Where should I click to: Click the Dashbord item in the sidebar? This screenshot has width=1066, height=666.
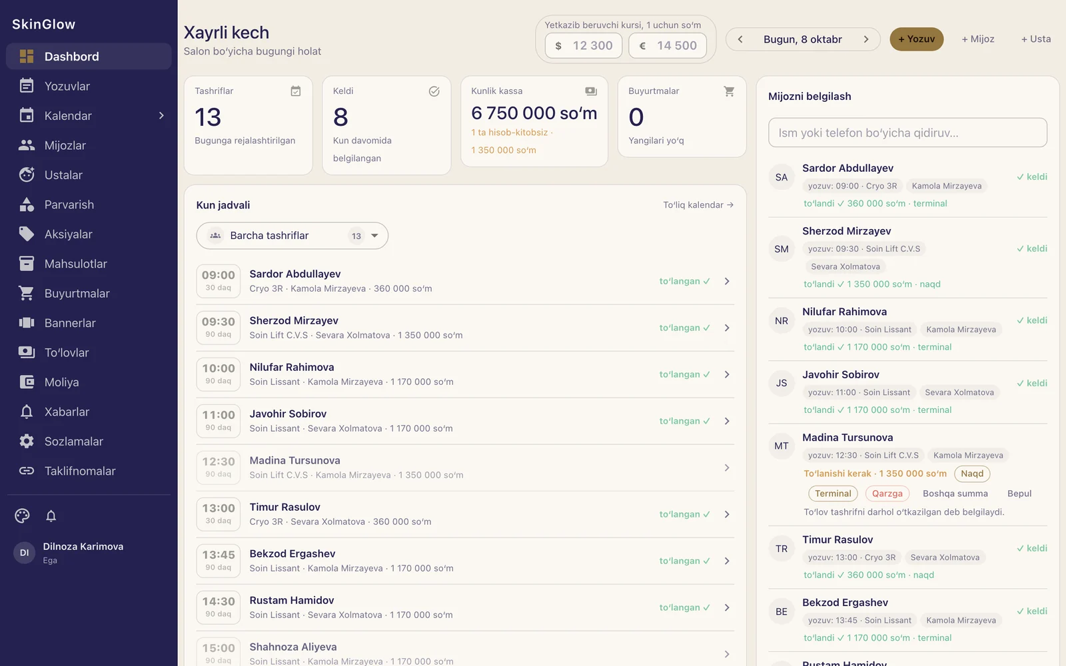[x=89, y=56]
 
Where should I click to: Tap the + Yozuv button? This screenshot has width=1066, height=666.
[x=916, y=39]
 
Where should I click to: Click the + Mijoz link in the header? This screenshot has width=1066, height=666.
[x=978, y=39]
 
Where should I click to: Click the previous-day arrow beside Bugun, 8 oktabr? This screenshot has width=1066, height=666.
[x=740, y=39]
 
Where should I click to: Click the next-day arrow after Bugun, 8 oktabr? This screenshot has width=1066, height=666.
[x=866, y=39]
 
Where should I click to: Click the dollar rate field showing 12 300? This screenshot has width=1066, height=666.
[x=584, y=46]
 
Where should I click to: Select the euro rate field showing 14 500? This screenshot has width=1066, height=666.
[x=667, y=46]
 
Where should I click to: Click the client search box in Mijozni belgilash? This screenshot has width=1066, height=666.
[x=907, y=133]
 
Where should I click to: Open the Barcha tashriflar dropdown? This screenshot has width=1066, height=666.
[x=292, y=236]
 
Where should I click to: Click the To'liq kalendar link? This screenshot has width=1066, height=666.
[x=698, y=205]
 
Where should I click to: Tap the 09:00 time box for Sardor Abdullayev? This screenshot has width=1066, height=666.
[x=219, y=280]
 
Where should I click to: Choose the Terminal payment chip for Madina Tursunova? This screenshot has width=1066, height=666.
[x=833, y=494]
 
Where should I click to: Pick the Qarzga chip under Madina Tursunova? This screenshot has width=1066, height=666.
[x=887, y=494]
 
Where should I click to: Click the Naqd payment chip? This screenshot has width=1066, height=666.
[x=972, y=474]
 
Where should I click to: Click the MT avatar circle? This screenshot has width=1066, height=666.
[x=782, y=446]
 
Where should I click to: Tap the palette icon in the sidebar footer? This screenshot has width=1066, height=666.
[x=22, y=515]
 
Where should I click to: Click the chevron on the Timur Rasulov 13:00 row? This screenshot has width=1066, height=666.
[x=727, y=514]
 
